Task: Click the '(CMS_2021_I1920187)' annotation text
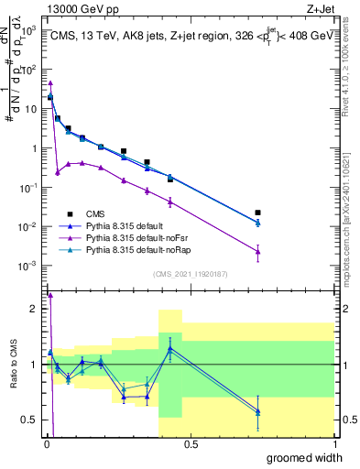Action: tap(191, 274)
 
